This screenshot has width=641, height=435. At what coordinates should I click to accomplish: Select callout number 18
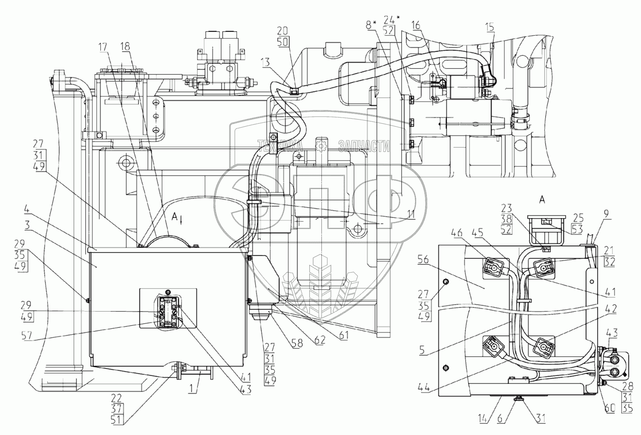(x=125, y=47)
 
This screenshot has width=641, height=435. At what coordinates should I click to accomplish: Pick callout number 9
(x=607, y=214)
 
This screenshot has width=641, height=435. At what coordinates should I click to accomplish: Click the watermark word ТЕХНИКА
(x=280, y=145)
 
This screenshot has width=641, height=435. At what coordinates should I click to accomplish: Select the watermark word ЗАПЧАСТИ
(x=364, y=145)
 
